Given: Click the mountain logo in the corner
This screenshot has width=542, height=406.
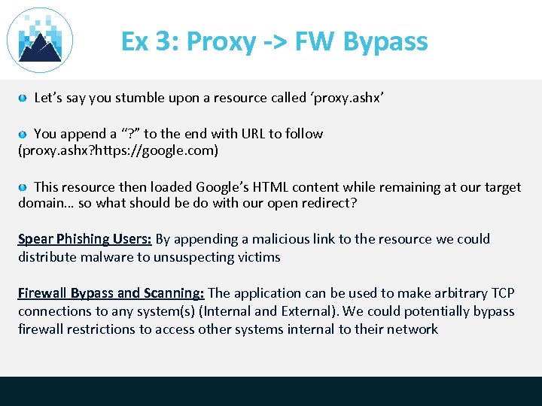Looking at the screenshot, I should click(x=39, y=40).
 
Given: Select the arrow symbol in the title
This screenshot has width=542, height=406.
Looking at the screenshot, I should click(x=276, y=42).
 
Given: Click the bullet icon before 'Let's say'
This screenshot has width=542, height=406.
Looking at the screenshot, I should click(x=23, y=98).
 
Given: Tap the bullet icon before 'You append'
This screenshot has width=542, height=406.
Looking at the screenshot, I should click(x=23, y=134).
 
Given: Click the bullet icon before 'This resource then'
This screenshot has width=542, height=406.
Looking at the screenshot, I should click(x=23, y=187).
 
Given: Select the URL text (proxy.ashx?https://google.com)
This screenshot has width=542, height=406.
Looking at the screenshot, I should click(x=118, y=151).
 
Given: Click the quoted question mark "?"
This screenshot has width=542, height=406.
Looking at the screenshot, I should click(x=129, y=134).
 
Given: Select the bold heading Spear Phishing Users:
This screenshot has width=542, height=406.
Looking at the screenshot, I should click(x=85, y=240).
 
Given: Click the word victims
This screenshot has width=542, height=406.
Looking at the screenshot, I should click(x=257, y=257).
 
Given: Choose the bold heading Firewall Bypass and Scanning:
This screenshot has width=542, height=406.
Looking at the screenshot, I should click(x=111, y=293).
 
